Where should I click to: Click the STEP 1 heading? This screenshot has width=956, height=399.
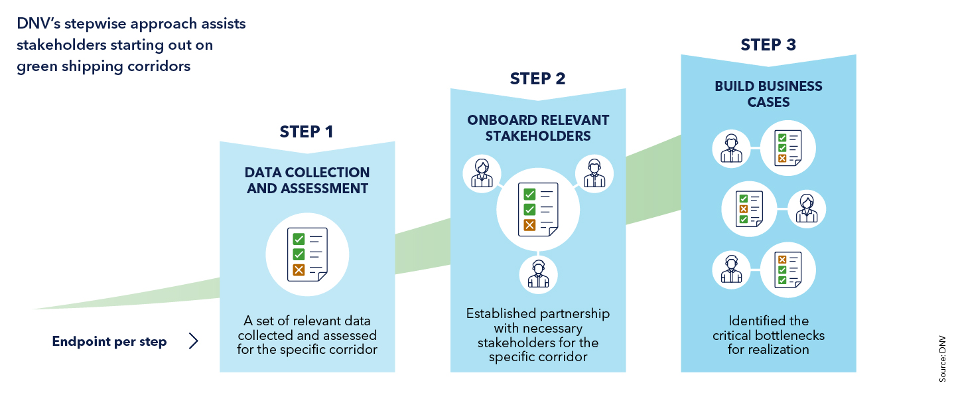point(307,131)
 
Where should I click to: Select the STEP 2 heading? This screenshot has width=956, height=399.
point(537,79)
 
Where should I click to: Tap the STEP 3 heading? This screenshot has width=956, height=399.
point(768,45)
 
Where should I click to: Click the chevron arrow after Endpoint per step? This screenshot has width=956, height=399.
point(193,341)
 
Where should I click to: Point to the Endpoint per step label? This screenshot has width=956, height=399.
point(109,342)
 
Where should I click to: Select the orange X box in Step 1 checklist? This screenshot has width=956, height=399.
point(299,270)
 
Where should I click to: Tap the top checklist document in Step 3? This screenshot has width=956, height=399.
point(788,147)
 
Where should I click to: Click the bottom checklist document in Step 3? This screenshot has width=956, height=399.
point(788,270)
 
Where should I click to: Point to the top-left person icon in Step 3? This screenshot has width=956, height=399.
point(731,147)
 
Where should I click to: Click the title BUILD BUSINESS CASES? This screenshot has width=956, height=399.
point(768,94)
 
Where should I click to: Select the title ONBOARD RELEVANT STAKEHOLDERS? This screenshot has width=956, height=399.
point(537,128)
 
